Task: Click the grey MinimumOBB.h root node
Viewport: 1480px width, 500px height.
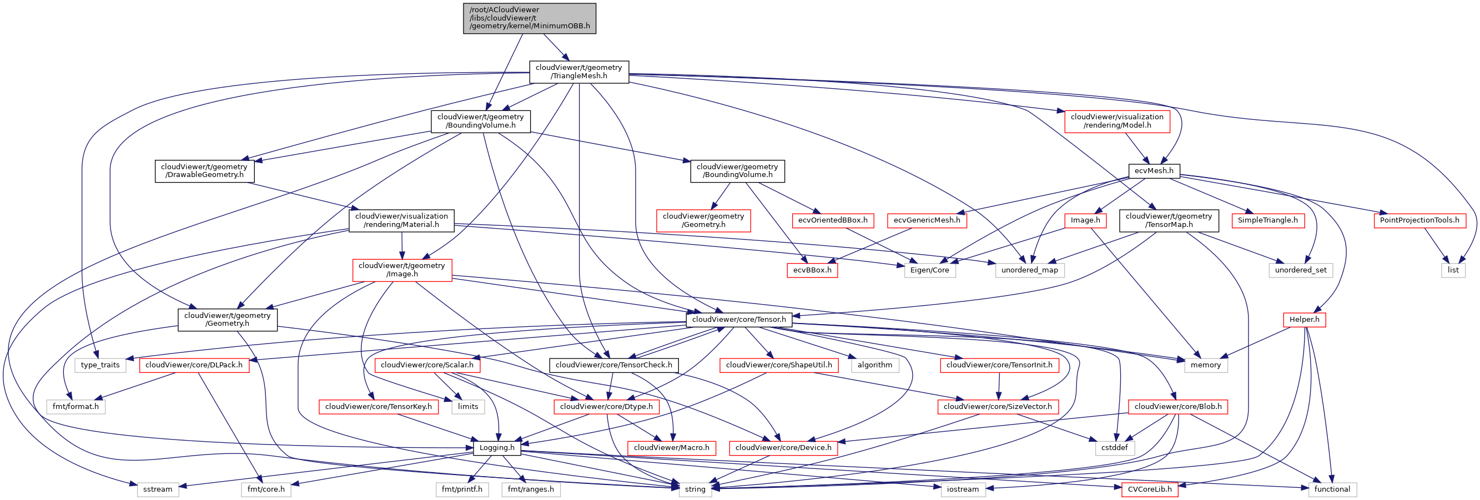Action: [x=529, y=18]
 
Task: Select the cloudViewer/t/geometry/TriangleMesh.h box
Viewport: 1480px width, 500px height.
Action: [x=578, y=72]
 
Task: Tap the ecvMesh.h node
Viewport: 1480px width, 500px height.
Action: [x=1154, y=170]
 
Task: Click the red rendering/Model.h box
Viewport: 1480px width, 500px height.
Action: [x=1116, y=121]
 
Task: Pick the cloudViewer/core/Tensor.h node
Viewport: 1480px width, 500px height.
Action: [x=738, y=319]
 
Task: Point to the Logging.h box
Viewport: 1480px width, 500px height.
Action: [x=497, y=448]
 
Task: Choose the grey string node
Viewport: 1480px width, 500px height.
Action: [x=694, y=489]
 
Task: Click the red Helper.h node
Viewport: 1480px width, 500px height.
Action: [x=1303, y=319]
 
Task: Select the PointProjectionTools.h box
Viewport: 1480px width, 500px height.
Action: [x=1419, y=220]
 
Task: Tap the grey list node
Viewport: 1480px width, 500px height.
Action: [x=1453, y=270]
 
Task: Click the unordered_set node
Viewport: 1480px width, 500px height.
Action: [x=1300, y=270]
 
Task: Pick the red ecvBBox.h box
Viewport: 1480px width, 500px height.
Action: [x=812, y=270]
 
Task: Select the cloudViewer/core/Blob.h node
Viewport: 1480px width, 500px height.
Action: [x=1177, y=406]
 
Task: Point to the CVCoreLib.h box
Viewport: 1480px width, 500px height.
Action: [x=1149, y=489]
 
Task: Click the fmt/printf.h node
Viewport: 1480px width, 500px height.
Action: [x=461, y=489]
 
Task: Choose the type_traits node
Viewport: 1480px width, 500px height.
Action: [x=100, y=365]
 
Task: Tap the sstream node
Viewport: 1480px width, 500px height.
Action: [x=158, y=489]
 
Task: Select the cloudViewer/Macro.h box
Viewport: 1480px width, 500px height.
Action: [x=671, y=448]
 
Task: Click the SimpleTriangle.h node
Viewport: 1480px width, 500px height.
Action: [x=1267, y=220]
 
